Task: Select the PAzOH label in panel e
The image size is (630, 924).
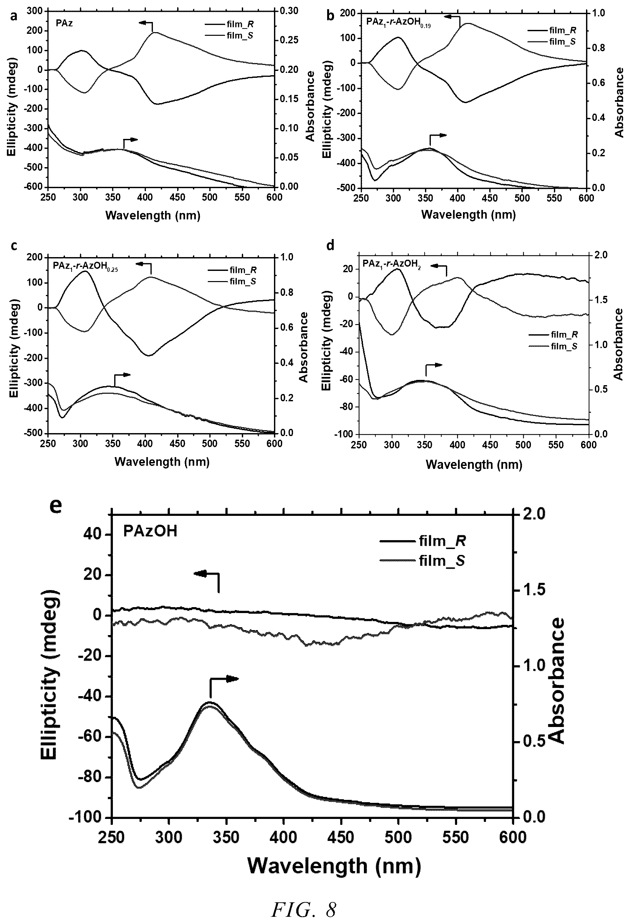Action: pos(151,532)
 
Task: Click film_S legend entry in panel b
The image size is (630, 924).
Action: pos(562,41)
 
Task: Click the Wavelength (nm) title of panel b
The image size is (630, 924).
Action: pos(468,215)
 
